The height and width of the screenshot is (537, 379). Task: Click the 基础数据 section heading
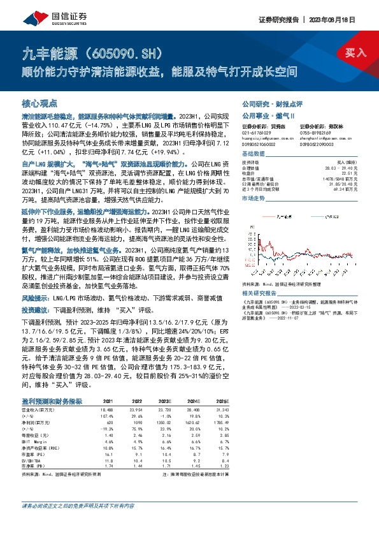[253, 155]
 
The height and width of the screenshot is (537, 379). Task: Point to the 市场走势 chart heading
[253, 199]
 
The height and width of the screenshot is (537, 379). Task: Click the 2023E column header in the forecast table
[165, 400]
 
